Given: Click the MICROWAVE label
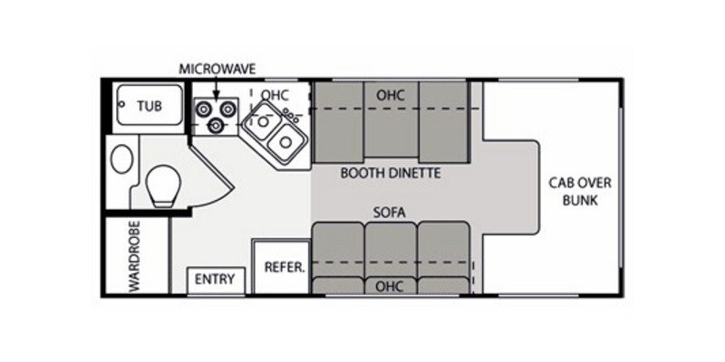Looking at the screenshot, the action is [216, 68].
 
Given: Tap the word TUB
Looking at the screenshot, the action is [150, 106].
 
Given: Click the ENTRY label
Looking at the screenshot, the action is [214, 279].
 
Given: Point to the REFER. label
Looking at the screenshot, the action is [283, 268].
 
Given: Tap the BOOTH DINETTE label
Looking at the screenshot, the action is [391, 172].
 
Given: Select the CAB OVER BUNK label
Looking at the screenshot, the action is [573, 190].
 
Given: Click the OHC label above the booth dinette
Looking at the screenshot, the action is [390, 94].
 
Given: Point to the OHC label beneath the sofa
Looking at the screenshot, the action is [391, 285].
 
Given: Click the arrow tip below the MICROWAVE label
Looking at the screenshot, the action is [216, 98].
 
